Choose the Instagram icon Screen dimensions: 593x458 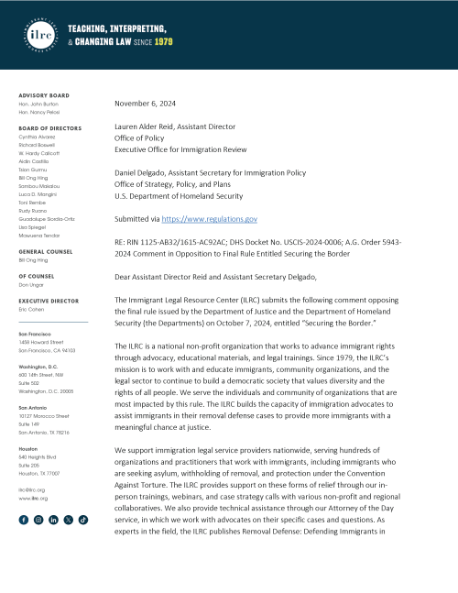coord(38,519)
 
